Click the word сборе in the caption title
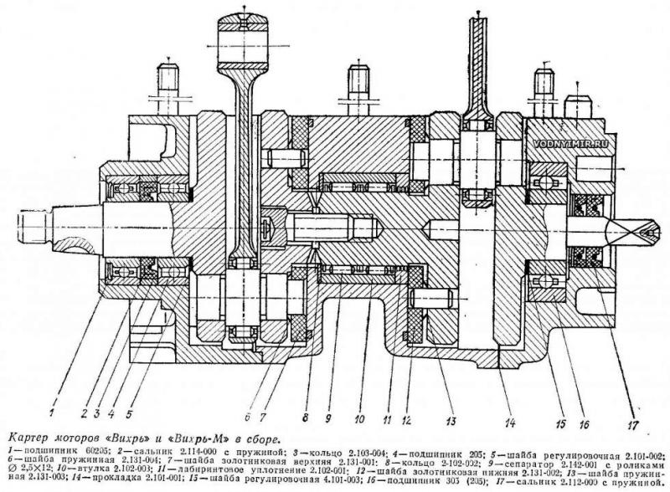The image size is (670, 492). click(262, 436)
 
